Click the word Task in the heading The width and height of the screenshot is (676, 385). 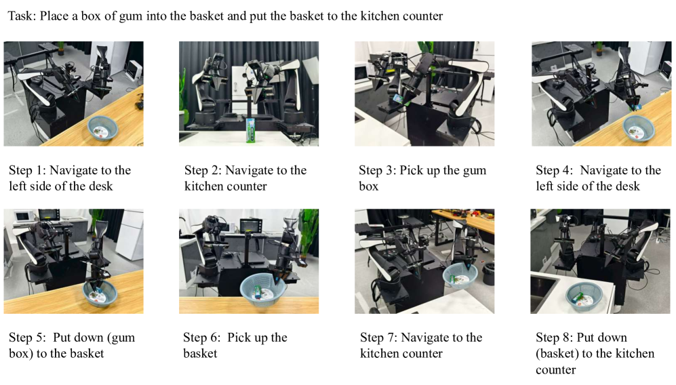pyautogui.click(x=22, y=16)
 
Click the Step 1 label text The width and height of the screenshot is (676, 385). pyautogui.click(x=70, y=178)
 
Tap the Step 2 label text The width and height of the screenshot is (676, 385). pyautogui.click(x=245, y=178)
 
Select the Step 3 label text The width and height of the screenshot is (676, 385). pyautogui.click(x=422, y=178)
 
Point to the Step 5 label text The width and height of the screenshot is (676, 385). pyautogui.click(x=72, y=345)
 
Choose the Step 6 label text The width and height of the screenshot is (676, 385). pyautogui.click(x=235, y=345)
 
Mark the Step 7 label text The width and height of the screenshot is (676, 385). pyautogui.click(x=421, y=345)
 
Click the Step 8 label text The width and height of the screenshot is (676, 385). pyautogui.click(x=595, y=354)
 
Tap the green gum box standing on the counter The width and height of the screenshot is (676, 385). pyautogui.click(x=250, y=130)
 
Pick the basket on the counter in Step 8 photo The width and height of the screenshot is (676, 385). pyautogui.click(x=584, y=297)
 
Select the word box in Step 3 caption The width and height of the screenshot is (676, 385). pyautogui.click(x=369, y=186)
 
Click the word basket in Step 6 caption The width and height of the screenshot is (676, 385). pyautogui.click(x=200, y=354)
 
